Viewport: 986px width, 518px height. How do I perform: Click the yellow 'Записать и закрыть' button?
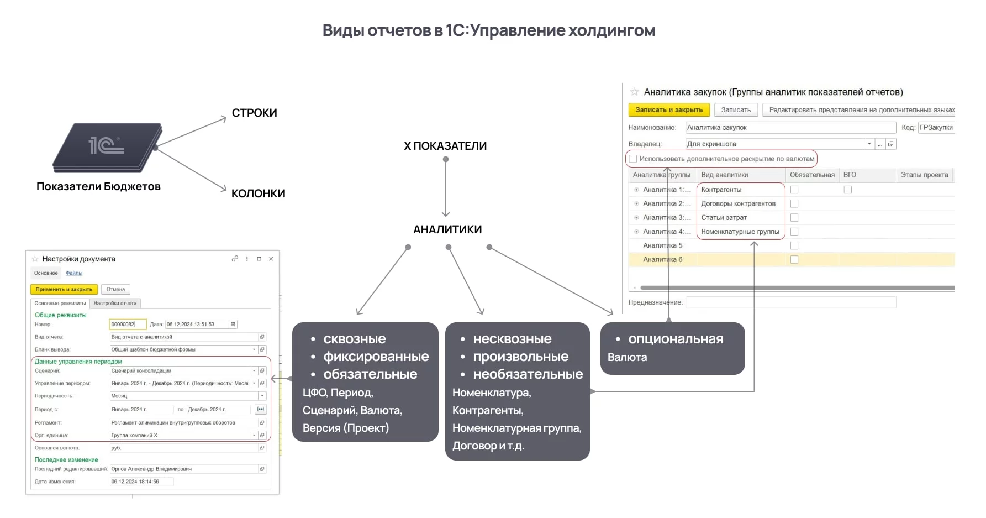pyautogui.click(x=668, y=110)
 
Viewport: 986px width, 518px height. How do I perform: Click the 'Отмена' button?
pyautogui.click(x=115, y=289)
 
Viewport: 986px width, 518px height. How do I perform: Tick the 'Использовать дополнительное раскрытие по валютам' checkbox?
pyautogui.click(x=633, y=159)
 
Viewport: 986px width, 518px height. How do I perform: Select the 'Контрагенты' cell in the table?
pyautogui.click(x=721, y=190)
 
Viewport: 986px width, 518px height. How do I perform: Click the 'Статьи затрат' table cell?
pyautogui.click(x=724, y=218)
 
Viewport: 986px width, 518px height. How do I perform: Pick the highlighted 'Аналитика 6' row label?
pyautogui.click(x=662, y=259)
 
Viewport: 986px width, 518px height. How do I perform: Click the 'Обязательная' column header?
pyautogui.click(x=811, y=175)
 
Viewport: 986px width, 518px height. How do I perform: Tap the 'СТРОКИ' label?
pyautogui.click(x=254, y=113)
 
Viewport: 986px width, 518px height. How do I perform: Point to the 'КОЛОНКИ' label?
pyautogui.click(x=258, y=193)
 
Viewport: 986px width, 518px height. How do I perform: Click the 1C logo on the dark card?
pyautogui.click(x=106, y=145)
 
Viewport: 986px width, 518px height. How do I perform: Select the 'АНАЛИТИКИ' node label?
pyautogui.click(x=447, y=229)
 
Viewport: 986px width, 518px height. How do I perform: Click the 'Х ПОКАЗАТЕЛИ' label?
pyautogui.click(x=445, y=146)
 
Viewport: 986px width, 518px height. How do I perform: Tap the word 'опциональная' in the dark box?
pyautogui.click(x=675, y=339)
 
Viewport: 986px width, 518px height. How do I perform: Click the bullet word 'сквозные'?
pyautogui.click(x=354, y=339)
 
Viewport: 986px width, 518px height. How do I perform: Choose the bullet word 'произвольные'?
pyautogui.click(x=520, y=357)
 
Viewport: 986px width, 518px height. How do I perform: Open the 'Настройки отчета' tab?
pyautogui.click(x=115, y=303)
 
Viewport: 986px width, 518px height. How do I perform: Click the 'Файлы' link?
pyautogui.click(x=74, y=273)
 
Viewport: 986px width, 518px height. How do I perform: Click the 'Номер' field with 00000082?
pyautogui.click(x=127, y=325)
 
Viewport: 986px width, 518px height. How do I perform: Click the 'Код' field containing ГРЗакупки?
pyautogui.click(x=936, y=128)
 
